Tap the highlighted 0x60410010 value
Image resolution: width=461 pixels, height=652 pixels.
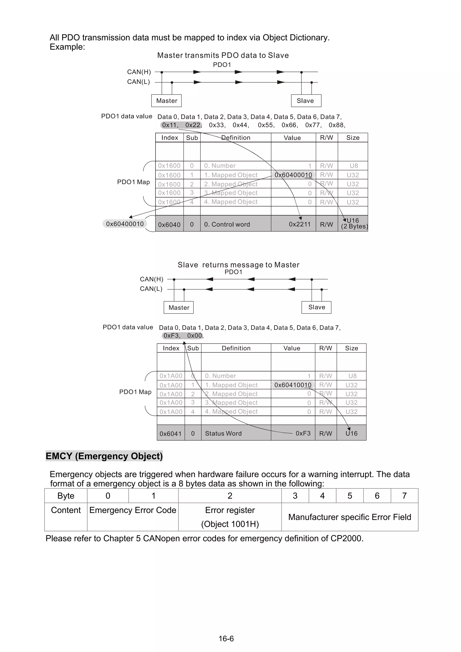coord(293,385)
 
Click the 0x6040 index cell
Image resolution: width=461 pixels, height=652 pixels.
coord(169,225)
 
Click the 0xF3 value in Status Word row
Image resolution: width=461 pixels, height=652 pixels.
coord(303,433)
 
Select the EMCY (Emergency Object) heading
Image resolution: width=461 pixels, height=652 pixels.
coord(104,456)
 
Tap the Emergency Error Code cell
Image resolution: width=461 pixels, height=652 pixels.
coord(133,510)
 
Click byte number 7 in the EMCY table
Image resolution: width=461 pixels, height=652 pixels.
coord(404,496)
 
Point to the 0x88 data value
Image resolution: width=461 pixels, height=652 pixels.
coord(336,125)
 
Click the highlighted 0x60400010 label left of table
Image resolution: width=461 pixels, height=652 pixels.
coord(125,224)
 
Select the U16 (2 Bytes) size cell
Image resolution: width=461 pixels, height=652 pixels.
coord(353,223)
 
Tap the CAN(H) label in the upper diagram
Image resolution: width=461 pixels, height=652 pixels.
coord(139,72)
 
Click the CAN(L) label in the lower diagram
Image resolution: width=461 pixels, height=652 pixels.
coord(151,289)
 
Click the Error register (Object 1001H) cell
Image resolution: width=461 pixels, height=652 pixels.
coord(230,517)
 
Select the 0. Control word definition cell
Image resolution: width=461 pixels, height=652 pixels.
coord(227,224)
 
